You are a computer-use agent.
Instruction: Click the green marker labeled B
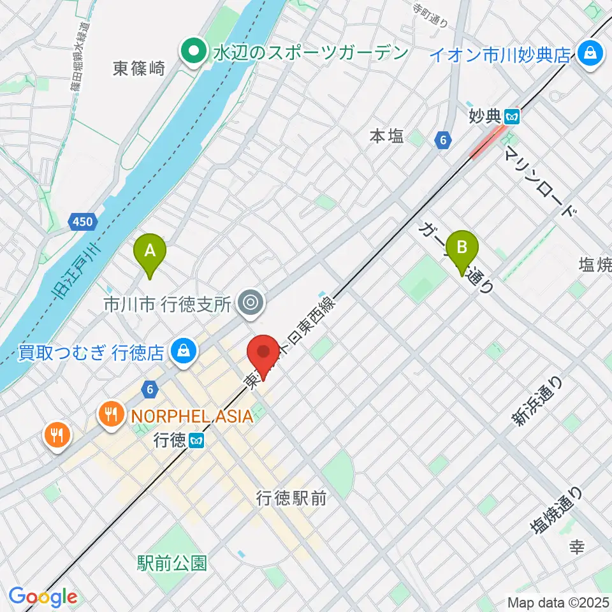[463, 249]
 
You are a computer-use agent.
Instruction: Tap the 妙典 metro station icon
[512, 117]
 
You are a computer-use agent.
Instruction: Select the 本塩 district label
[387, 136]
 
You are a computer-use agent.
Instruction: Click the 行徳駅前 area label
[292, 499]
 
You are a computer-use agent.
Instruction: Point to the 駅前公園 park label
[172, 563]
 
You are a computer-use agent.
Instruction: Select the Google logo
[43, 597]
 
